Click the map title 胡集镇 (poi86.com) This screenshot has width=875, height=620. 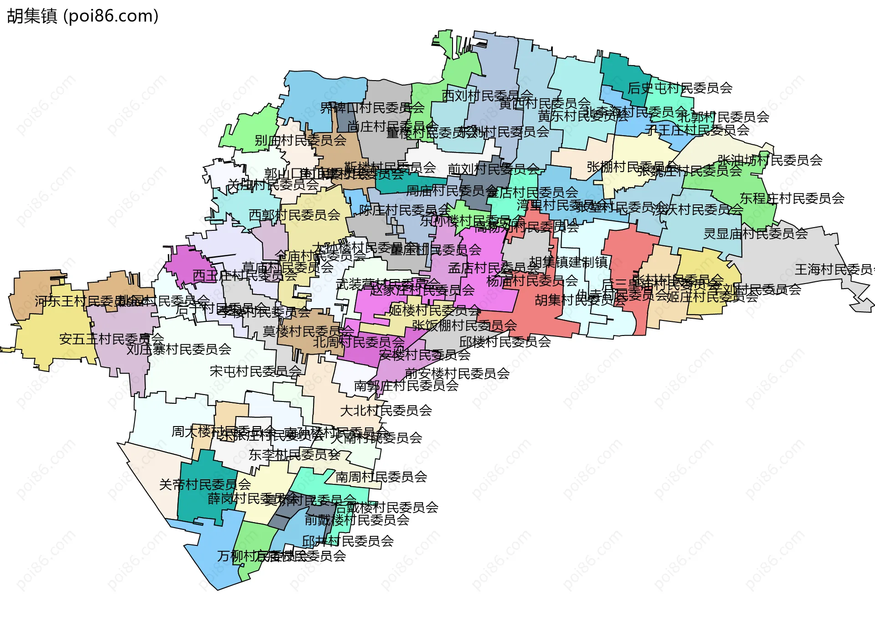(x=82, y=16)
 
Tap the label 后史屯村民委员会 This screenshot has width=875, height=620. (x=679, y=88)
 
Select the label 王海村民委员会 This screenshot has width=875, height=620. (x=834, y=269)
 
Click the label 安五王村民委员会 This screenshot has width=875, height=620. (x=111, y=339)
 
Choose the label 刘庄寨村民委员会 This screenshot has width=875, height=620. (x=179, y=349)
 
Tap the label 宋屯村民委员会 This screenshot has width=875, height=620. (x=255, y=371)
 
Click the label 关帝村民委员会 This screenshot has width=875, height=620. (x=205, y=484)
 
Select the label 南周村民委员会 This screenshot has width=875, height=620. (x=381, y=477)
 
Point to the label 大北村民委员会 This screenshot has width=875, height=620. (x=386, y=410)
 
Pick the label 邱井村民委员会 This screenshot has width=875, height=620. (x=348, y=541)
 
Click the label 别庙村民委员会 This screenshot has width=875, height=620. (x=300, y=140)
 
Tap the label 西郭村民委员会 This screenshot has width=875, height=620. (x=294, y=214)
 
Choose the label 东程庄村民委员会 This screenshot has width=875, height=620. (x=792, y=198)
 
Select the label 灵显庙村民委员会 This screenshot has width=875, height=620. (x=755, y=234)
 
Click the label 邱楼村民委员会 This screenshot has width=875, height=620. (x=505, y=341)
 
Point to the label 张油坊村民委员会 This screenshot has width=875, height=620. (x=770, y=160)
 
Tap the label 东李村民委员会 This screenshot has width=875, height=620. (x=294, y=454)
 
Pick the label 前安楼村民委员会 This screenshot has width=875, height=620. (x=457, y=373)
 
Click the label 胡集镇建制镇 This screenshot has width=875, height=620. (x=568, y=262)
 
